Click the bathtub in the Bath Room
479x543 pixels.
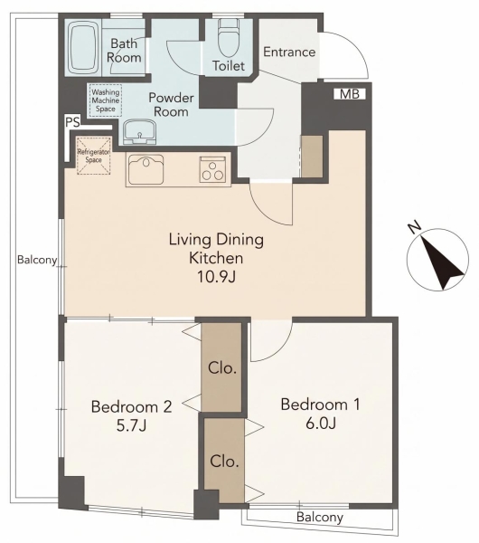pyautogui.click(x=84, y=47)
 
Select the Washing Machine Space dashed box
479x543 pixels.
pyautogui.click(x=106, y=100)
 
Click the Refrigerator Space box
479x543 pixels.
pyautogui.click(x=94, y=156)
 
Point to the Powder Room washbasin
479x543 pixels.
pyautogui.click(x=140, y=132)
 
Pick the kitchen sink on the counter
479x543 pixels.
pyautogui.click(x=146, y=169)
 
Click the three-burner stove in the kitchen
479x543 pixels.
pyautogui.click(x=212, y=169)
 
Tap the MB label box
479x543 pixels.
pyautogui.click(x=350, y=94)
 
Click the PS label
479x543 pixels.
pyautogui.click(x=72, y=122)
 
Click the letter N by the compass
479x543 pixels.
pyautogui.click(x=414, y=227)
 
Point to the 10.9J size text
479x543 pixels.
pyautogui.click(x=216, y=276)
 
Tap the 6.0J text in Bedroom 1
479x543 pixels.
pyautogui.click(x=321, y=423)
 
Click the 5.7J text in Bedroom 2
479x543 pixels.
pyautogui.click(x=131, y=425)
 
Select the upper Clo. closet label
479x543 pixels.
pyautogui.click(x=222, y=368)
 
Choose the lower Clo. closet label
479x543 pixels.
pyautogui.click(x=224, y=462)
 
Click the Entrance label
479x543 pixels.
pyautogui.click(x=289, y=52)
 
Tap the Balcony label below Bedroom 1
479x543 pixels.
pyautogui.click(x=320, y=518)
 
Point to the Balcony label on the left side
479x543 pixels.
pyautogui.click(x=37, y=260)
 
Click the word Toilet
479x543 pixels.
pyautogui.click(x=229, y=65)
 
